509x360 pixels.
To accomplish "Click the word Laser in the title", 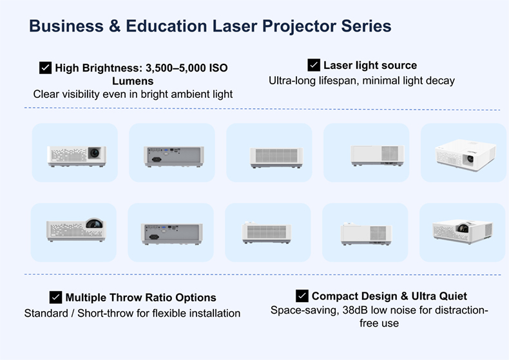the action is click(235, 26).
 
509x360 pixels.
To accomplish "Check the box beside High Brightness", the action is click(46, 68).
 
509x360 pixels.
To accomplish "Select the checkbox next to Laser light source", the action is click(314, 65).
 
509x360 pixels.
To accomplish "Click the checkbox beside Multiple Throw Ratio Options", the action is click(56, 297).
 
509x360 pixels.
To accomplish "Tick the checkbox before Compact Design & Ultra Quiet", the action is click(302, 296).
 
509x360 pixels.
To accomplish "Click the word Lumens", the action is click(133, 81).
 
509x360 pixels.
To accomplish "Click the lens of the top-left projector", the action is click(95, 152).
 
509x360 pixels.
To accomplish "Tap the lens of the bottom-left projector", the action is click(95, 223).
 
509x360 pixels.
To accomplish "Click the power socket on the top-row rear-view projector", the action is click(157, 159).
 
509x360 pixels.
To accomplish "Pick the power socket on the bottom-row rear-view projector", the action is click(154, 237).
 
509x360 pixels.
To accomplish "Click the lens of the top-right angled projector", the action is click(470, 158).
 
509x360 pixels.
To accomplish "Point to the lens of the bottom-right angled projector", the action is click(463, 229).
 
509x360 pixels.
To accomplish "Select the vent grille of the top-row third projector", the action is click(276, 156).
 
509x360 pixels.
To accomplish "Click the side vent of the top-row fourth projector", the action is click(390, 153).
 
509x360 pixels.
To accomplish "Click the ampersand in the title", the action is click(115, 26).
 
